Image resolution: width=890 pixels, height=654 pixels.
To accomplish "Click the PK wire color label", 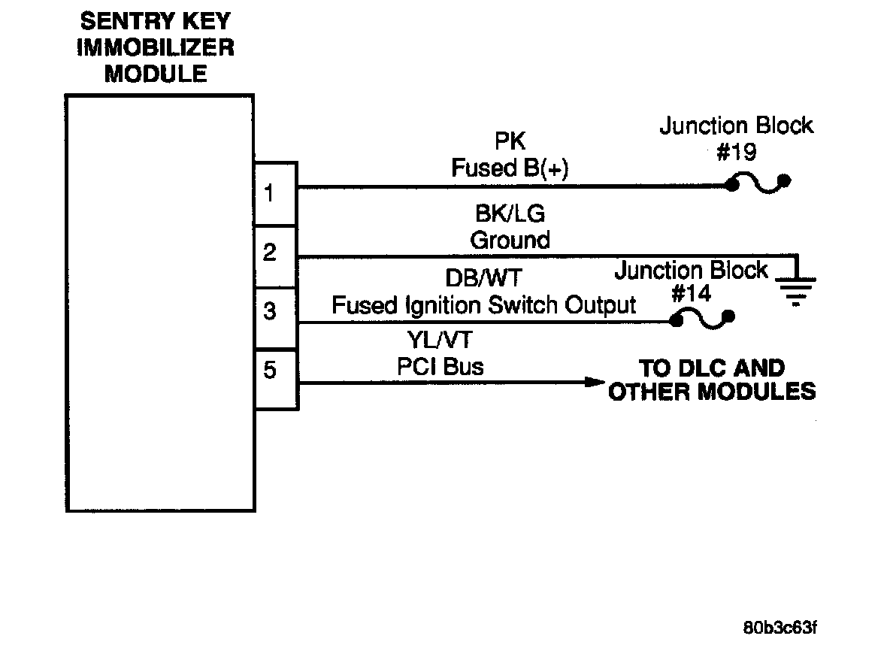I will click(x=510, y=143).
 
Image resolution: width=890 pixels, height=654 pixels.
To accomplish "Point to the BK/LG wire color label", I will click(x=510, y=214).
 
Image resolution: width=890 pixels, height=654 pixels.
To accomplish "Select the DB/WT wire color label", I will click(x=483, y=279).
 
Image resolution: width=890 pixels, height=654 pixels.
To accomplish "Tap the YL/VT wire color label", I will click(x=440, y=341).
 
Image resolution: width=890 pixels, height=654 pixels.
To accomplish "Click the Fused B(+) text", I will click(x=510, y=168).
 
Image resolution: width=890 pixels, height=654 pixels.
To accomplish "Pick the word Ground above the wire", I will click(x=510, y=240).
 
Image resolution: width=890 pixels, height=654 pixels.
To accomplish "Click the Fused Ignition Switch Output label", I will click(x=483, y=304).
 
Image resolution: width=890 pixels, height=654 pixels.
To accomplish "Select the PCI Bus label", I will click(x=440, y=366).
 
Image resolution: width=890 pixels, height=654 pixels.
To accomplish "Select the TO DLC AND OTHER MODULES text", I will click(x=711, y=380).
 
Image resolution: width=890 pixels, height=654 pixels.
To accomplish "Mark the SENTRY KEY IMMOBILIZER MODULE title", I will click(x=156, y=47).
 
